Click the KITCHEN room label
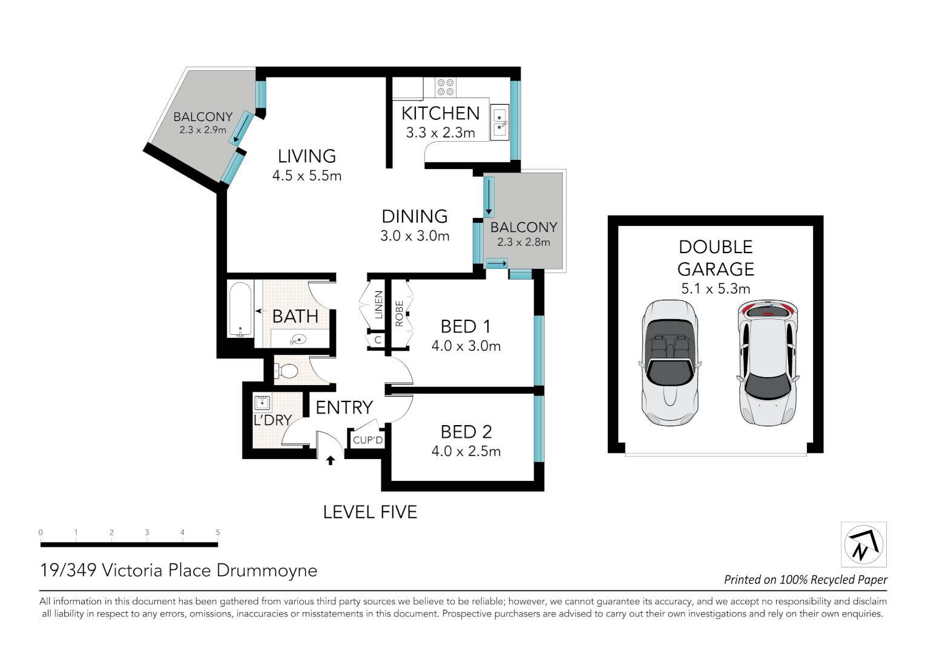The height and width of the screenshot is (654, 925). (440, 113)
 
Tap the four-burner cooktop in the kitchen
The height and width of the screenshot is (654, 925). (446, 87)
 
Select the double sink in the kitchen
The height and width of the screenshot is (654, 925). (499, 122)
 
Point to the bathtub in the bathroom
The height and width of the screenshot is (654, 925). (240, 309)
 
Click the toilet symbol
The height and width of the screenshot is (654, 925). (285, 371)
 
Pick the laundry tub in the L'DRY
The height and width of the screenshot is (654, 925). (262, 402)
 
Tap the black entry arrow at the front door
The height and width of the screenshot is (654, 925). (331, 460)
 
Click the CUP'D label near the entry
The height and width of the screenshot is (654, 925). (368, 440)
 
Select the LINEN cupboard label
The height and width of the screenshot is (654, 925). (378, 305)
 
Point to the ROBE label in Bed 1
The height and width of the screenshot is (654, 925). (399, 314)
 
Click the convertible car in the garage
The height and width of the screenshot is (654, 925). (670, 363)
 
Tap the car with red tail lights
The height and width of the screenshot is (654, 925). (768, 363)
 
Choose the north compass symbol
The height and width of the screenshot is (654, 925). (864, 544)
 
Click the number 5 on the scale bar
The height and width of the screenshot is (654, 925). (217, 532)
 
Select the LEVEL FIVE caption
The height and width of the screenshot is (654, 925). (370, 512)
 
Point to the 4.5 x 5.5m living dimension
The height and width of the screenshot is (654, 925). (307, 176)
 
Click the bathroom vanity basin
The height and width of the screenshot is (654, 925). (298, 340)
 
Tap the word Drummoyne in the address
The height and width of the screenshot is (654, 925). (267, 570)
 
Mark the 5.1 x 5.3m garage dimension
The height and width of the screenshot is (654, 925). (716, 288)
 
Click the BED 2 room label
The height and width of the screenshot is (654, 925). (466, 432)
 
